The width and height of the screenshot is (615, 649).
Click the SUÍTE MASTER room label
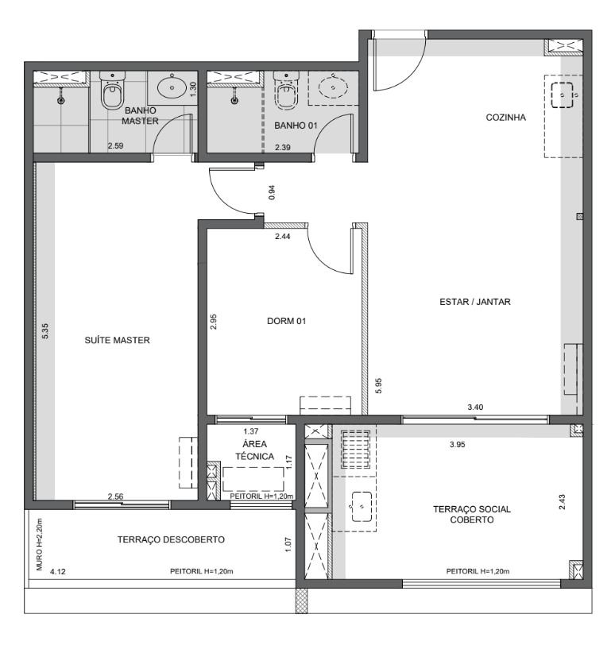point(118,340)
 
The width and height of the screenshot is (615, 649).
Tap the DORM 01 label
point(287,321)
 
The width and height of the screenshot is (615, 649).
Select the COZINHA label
point(505,118)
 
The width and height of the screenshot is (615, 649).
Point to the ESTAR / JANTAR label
point(475,302)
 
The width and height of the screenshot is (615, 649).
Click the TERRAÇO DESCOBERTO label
point(171,539)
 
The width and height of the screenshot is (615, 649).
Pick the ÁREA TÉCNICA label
point(255,450)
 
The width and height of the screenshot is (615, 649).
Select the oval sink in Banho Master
point(172,87)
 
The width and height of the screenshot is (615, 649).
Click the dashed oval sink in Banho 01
point(333,87)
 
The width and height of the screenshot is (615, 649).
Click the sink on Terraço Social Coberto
point(362,507)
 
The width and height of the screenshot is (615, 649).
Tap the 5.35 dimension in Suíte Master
point(45,331)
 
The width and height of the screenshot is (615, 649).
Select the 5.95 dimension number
point(378,386)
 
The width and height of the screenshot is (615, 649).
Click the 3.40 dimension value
point(475,408)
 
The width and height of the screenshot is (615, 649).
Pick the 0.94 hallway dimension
point(272,192)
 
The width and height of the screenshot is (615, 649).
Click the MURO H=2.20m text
point(40,545)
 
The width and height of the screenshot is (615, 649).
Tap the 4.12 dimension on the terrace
point(58,572)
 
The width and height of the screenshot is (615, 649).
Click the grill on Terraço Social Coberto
point(356,449)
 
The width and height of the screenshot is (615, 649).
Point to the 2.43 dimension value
point(562,502)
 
